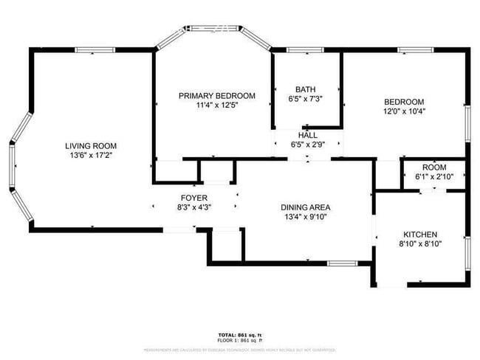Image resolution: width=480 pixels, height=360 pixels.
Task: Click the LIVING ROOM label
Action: (x=91, y=145)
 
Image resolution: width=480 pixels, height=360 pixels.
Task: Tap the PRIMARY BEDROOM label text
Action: (x=217, y=96)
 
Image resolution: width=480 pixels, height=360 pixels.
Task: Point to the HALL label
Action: (x=307, y=136)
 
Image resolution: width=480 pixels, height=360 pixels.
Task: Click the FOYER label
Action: (x=194, y=198)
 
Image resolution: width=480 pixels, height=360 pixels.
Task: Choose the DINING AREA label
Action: (x=305, y=207)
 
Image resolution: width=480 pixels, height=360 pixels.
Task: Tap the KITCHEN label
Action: (x=419, y=234)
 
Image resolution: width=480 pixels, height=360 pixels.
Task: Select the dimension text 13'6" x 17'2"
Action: (x=91, y=155)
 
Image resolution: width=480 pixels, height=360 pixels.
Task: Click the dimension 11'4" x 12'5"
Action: (x=217, y=105)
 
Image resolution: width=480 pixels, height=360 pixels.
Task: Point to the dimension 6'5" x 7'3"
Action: (x=305, y=98)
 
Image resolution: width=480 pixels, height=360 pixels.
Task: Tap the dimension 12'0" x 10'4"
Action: (x=404, y=111)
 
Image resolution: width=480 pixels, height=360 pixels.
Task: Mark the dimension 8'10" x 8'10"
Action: (x=419, y=243)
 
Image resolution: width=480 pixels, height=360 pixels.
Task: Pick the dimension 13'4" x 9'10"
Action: (x=305, y=217)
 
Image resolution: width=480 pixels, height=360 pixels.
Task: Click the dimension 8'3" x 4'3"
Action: (x=194, y=207)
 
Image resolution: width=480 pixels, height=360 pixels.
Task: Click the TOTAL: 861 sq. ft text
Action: (x=240, y=335)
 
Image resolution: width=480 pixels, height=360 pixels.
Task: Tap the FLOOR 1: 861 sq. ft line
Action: (x=240, y=341)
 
